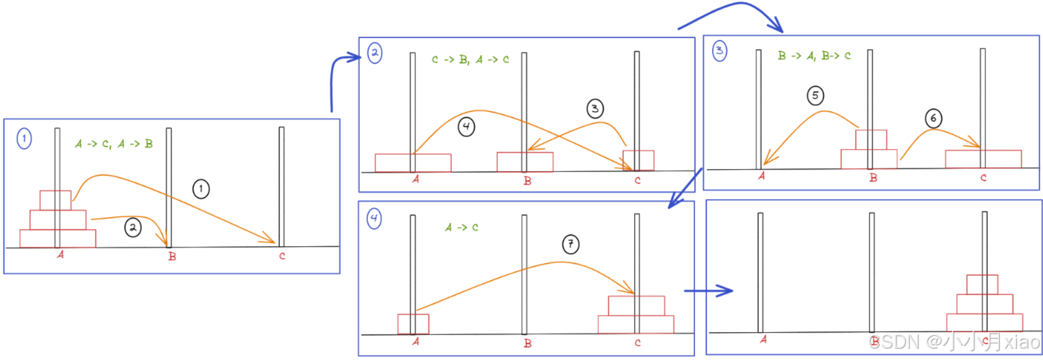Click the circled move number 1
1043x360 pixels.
tap(202, 190)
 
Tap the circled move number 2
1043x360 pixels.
tap(133, 228)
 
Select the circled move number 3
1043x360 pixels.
tap(594, 108)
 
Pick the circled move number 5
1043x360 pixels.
tap(816, 96)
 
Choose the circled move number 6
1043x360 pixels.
tap(933, 118)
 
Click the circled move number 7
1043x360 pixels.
tap(570, 245)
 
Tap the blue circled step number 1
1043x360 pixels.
tap(24, 139)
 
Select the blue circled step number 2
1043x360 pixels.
tap(374, 53)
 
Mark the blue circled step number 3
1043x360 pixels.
tap(720, 52)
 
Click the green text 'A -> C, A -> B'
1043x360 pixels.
tap(114, 143)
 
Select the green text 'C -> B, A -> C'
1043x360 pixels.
tap(470, 60)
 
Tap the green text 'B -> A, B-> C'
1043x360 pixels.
tap(814, 56)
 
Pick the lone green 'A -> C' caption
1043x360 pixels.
tap(462, 227)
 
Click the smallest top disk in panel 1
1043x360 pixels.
tap(55, 200)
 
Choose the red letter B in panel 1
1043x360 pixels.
tap(172, 258)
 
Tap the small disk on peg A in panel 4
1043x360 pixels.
tap(413, 323)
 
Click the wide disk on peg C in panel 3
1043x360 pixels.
tap(982, 158)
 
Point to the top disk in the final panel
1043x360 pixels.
tap(982, 284)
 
